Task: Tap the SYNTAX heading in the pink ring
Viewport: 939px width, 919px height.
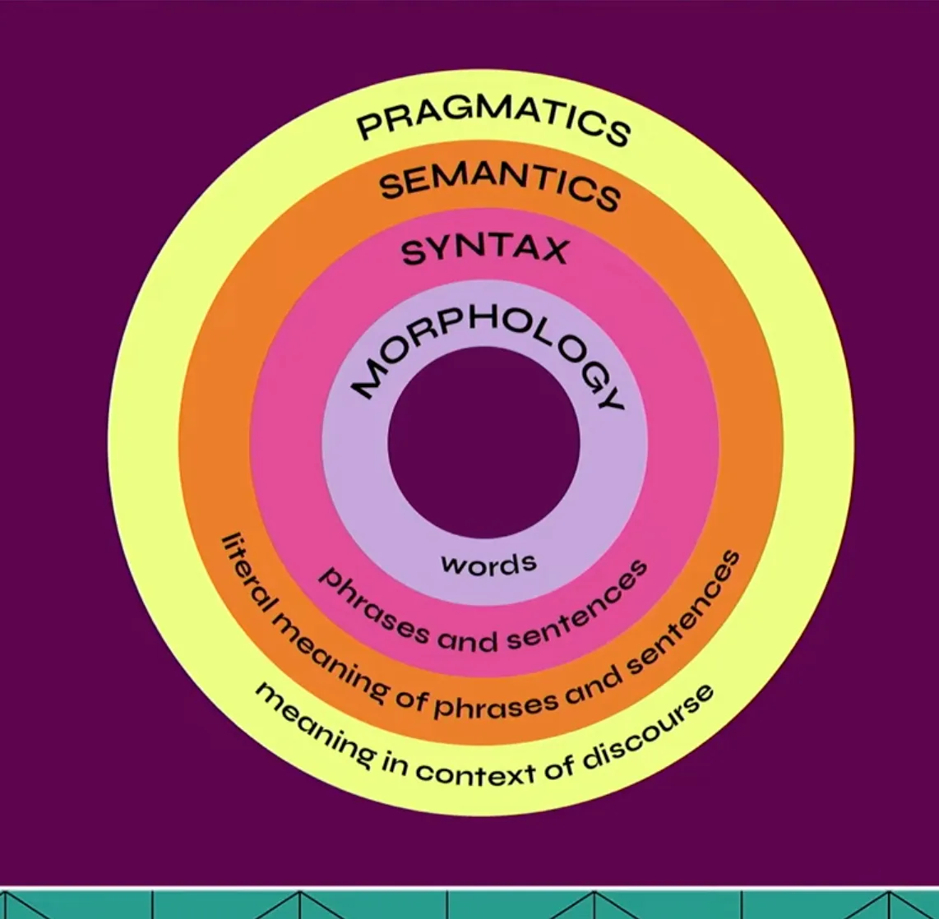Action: (x=485, y=249)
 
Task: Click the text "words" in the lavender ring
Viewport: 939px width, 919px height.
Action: (x=488, y=564)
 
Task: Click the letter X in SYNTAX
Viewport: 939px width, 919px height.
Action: (x=550, y=250)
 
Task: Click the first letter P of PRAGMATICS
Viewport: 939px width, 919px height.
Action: (x=371, y=127)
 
